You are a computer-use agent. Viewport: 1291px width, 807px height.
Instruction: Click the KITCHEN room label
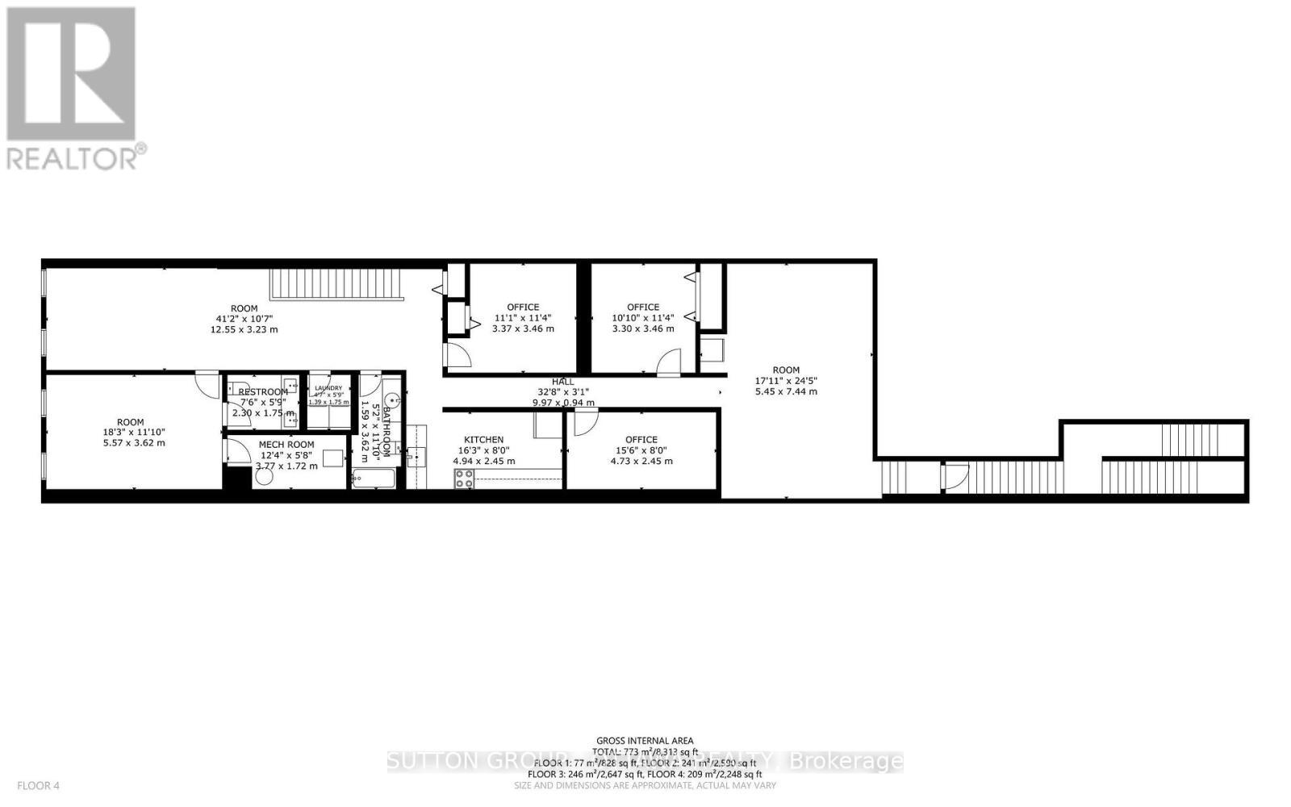[x=483, y=440]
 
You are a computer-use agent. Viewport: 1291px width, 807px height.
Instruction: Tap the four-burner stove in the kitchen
[x=464, y=479]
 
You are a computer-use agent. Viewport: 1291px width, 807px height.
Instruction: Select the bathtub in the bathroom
[x=374, y=479]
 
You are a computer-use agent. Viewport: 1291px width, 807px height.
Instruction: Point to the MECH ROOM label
[x=286, y=445]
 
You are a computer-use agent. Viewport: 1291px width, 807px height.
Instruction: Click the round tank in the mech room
[x=264, y=475]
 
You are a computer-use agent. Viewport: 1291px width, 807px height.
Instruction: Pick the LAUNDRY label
[x=328, y=388]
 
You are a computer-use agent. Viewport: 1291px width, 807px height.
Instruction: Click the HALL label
[x=563, y=382]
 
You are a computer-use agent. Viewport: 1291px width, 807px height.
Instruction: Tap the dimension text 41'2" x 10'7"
[x=244, y=319]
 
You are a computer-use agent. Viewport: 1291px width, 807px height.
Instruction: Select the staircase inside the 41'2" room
[x=336, y=284]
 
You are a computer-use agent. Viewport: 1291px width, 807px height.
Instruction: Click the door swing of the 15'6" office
[x=585, y=422]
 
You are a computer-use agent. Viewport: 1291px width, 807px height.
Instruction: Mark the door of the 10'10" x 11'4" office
[x=669, y=363]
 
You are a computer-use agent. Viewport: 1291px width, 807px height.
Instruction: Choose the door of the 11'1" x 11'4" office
[x=457, y=356]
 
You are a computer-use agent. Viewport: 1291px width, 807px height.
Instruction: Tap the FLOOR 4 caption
[x=38, y=785]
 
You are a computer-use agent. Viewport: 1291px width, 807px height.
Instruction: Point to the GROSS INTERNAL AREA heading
[x=645, y=741]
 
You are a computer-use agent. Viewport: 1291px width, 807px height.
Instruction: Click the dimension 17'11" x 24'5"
[x=786, y=381]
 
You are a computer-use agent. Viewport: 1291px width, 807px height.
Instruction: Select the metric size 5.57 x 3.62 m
[x=130, y=442]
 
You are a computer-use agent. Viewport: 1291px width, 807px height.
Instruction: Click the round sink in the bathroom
[x=393, y=399]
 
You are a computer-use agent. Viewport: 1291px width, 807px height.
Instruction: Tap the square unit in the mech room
[x=332, y=458]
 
